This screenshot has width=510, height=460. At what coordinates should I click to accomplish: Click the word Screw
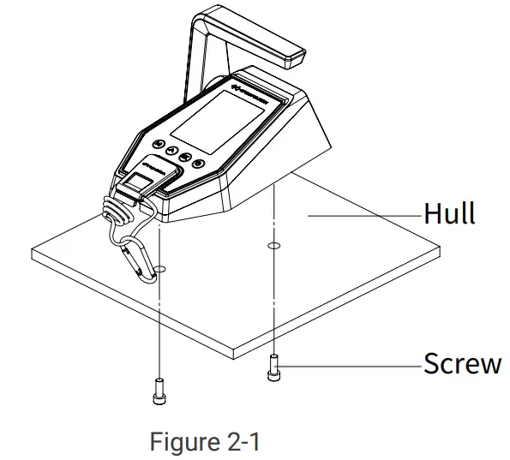(462, 363)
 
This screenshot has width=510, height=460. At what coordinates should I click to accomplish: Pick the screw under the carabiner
(159, 391)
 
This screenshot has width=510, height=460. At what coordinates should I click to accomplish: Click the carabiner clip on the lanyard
(139, 259)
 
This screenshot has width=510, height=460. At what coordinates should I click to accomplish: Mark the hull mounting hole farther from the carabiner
(273, 247)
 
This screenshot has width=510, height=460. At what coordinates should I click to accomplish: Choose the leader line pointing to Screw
(351, 365)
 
